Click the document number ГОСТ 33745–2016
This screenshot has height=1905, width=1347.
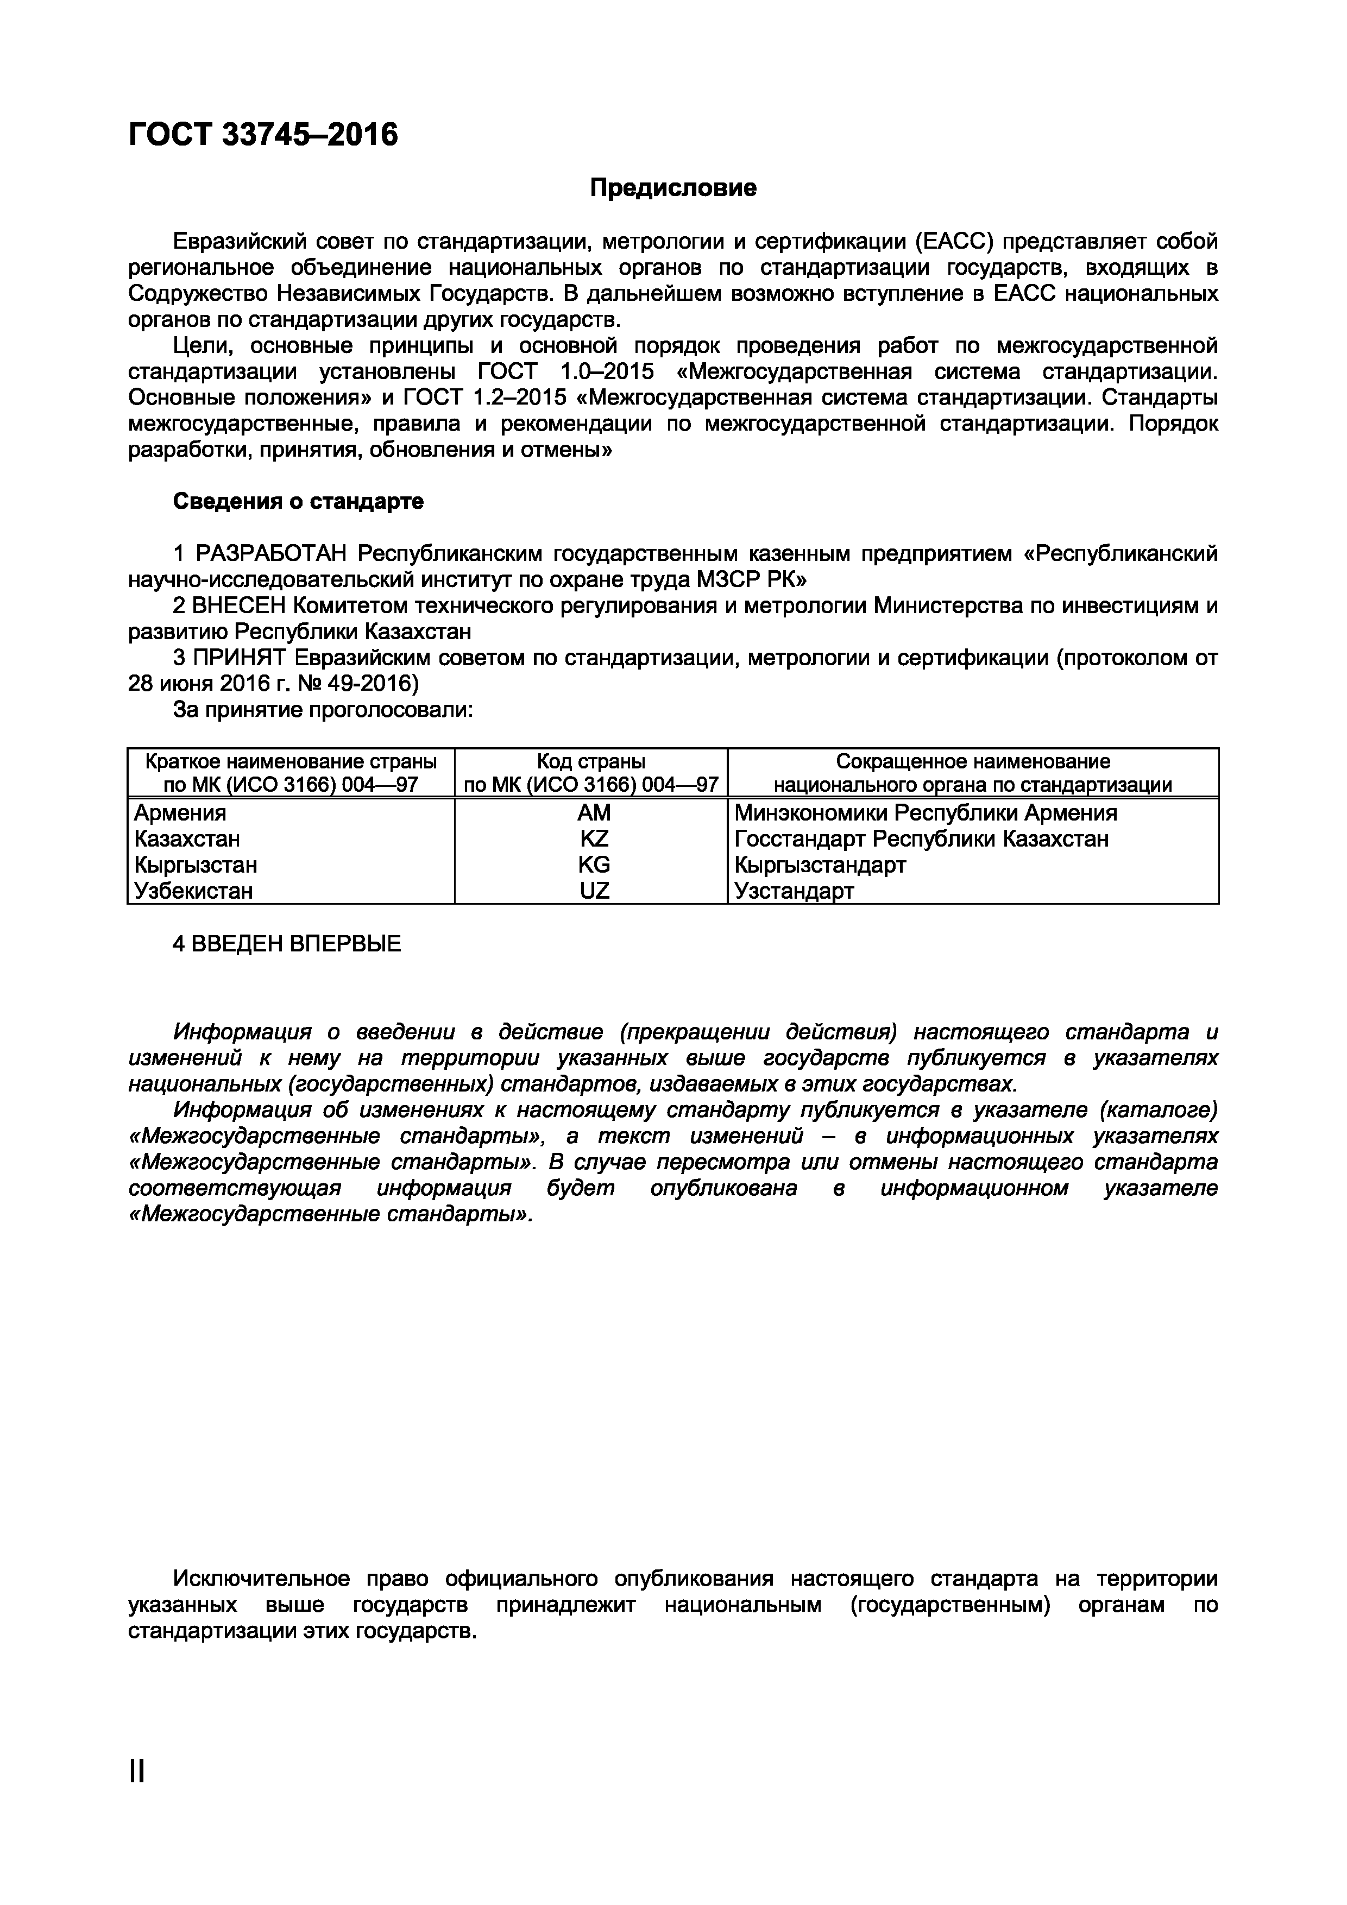(x=263, y=134)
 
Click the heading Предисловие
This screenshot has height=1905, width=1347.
(x=672, y=188)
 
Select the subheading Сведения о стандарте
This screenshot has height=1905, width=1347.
(x=298, y=501)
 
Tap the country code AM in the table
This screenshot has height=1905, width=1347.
(x=594, y=812)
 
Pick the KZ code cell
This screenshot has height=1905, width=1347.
(x=594, y=839)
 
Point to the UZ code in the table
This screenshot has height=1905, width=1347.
(x=594, y=891)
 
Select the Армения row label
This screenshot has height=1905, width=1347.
(x=180, y=812)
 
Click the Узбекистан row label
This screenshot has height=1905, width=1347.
(x=193, y=891)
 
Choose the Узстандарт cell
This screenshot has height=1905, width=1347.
(x=794, y=891)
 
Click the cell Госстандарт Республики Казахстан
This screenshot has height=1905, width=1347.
(x=921, y=839)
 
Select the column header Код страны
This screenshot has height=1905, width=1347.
(x=591, y=761)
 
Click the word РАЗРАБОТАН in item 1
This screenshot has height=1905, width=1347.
(x=273, y=553)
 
